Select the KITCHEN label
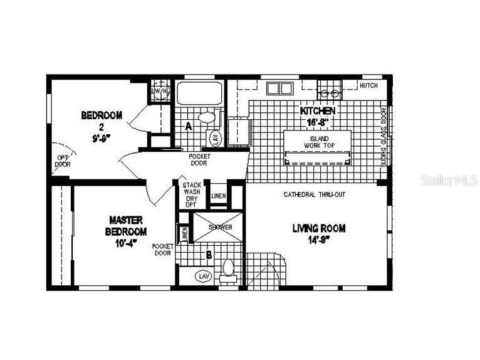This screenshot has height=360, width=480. click(317, 111)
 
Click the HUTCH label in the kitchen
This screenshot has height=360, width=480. click(368, 86)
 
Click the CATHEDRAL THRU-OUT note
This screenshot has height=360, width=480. click(314, 194)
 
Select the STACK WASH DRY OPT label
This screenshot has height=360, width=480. click(191, 195)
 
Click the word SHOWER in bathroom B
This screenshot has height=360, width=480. click(220, 227)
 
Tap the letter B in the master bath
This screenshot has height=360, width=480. click(208, 255)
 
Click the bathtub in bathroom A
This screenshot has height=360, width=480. click(199, 94)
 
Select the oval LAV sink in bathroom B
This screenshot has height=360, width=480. click(203, 275)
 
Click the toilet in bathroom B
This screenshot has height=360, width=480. click(229, 269)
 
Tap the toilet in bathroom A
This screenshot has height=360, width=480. click(205, 117)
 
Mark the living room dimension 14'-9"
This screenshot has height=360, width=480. click(318, 239)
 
